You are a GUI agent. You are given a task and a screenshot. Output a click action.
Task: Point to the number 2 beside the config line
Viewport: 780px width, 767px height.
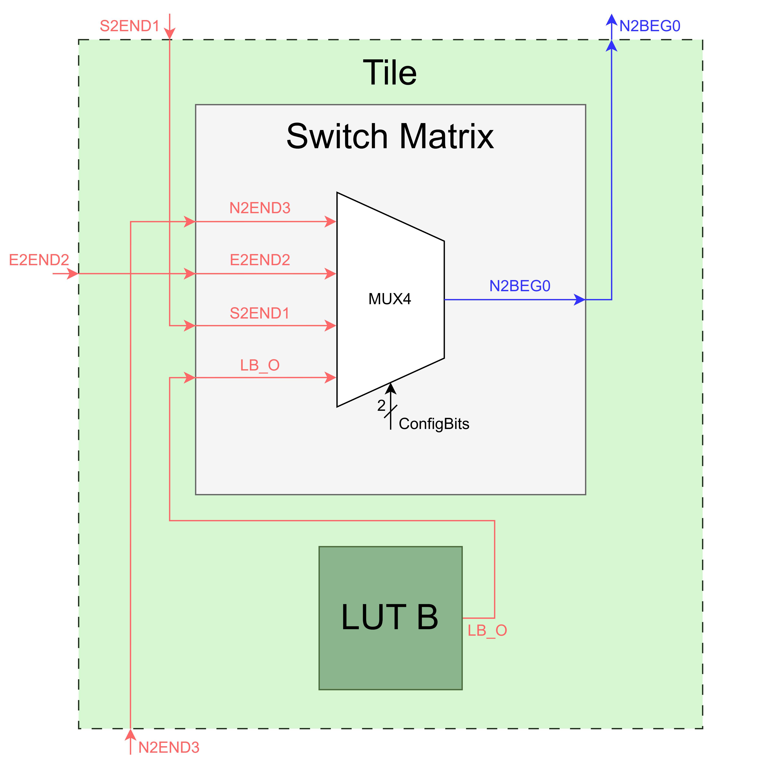381,405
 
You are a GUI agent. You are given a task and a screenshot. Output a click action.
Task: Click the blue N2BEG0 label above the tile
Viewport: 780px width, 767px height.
650,26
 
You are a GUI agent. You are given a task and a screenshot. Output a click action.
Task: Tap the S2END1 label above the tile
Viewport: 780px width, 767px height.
130,26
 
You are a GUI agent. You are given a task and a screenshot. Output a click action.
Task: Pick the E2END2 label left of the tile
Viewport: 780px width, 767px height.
39,260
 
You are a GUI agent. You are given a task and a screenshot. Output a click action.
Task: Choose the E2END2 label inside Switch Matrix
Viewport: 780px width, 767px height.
260,260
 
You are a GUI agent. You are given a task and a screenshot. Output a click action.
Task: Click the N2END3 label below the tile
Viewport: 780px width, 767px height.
169,748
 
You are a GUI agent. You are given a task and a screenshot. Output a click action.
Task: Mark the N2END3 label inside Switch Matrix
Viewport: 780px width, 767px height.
260,208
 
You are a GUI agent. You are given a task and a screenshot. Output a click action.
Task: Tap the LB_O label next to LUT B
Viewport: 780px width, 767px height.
487,630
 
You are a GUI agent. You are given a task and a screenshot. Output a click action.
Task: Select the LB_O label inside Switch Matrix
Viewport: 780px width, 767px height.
260,365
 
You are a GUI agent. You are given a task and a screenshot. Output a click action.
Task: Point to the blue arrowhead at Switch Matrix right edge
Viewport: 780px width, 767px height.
580,300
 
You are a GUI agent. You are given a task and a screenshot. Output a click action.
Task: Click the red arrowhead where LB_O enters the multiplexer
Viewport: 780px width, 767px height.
330,377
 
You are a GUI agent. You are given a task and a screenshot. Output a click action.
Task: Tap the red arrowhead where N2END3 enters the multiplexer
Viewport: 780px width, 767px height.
330,222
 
